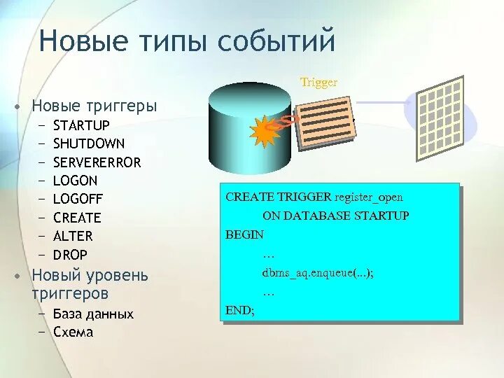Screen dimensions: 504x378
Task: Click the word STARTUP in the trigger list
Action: [x=81, y=125]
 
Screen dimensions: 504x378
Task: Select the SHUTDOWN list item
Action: [x=89, y=143]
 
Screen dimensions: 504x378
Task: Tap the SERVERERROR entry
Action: [x=97, y=162]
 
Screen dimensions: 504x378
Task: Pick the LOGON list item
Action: [x=75, y=181]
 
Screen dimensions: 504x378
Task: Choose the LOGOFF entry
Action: [x=78, y=199]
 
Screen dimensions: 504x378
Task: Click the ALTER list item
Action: [x=73, y=236]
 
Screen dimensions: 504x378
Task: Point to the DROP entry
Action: [x=70, y=255]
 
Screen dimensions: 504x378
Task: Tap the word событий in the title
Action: [x=276, y=40]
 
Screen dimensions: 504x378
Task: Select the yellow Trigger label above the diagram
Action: [x=319, y=83]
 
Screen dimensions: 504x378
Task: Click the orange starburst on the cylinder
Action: [x=265, y=132]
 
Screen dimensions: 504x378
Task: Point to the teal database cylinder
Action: [x=250, y=128]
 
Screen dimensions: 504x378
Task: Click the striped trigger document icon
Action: [x=325, y=123]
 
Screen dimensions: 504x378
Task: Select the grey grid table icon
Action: [x=440, y=118]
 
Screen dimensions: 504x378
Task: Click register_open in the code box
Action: [x=369, y=197]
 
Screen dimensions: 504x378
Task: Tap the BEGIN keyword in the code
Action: [x=244, y=234]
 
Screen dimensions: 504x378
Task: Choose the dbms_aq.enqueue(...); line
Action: [x=318, y=273]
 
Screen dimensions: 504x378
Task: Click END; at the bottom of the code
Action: [x=240, y=310]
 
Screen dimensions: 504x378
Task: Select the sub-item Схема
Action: [x=73, y=332]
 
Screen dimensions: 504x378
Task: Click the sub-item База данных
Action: [x=93, y=314]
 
